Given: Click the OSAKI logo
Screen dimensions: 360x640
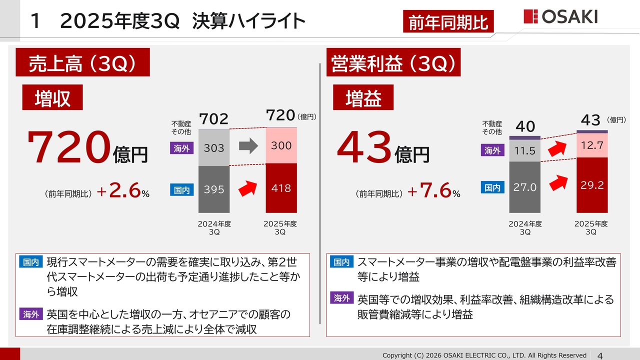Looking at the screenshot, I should coord(560,16).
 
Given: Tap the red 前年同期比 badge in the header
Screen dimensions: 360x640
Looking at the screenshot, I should coord(448,22).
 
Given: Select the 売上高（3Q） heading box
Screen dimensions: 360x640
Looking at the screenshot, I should coord(82,62).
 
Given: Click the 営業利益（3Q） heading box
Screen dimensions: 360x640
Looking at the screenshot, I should coord(393,62).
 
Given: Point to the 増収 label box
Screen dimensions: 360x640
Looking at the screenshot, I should coord(52,97).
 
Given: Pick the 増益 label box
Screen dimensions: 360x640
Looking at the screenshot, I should coord(363,97).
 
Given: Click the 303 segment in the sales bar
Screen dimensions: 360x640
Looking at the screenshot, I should coord(214,148).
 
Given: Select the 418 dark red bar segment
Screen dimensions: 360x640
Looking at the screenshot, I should coord(281,188).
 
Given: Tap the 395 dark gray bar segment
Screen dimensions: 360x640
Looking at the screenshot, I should coord(214,189).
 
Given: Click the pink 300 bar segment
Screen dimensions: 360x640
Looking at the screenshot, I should coord(281,145).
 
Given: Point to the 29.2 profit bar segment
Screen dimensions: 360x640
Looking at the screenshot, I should coord(592,185).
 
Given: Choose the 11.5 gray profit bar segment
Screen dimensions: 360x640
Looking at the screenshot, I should coord(525,150).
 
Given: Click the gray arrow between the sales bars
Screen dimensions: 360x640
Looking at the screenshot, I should coord(248,146).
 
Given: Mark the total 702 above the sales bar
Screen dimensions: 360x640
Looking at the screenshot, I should coord(214,119).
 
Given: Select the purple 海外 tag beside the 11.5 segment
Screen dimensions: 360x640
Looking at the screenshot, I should coord(492,150).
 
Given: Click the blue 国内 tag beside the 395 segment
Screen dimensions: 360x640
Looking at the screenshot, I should coord(182,190).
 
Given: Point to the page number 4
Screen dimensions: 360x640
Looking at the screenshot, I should coord(599,355).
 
